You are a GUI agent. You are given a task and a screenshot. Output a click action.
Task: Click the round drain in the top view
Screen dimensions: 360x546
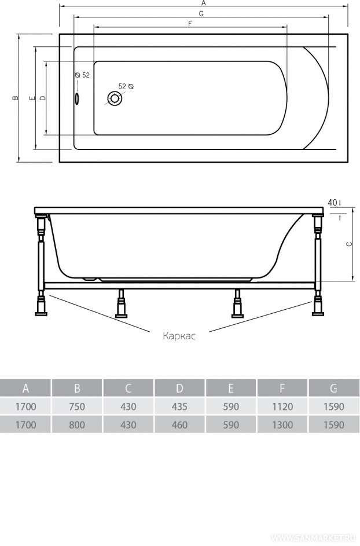click(x=114, y=98)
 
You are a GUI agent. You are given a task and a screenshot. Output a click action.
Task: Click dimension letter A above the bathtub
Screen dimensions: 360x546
click(x=204, y=3)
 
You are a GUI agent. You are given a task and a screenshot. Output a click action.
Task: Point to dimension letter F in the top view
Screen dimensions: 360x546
click(x=190, y=23)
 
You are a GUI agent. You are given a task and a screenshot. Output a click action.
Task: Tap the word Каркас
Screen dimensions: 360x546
click(x=179, y=336)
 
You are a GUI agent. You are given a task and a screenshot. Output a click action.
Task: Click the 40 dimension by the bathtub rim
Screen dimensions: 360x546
click(x=332, y=202)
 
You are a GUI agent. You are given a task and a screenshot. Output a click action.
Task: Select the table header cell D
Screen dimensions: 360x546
click(x=179, y=388)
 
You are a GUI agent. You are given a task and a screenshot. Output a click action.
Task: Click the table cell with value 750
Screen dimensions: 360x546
click(x=77, y=406)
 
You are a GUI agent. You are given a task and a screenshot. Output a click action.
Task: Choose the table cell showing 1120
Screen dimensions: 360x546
click(x=282, y=406)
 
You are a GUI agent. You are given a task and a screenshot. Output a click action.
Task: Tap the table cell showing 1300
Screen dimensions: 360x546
click(x=282, y=425)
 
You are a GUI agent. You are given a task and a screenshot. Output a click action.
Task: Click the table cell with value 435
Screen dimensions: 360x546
click(x=179, y=406)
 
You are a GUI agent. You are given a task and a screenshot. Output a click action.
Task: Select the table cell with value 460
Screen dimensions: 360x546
click(x=179, y=425)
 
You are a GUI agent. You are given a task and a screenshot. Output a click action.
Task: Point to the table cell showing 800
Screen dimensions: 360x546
click(x=77, y=425)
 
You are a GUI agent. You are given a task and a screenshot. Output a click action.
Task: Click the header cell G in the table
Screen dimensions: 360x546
click(x=334, y=388)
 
